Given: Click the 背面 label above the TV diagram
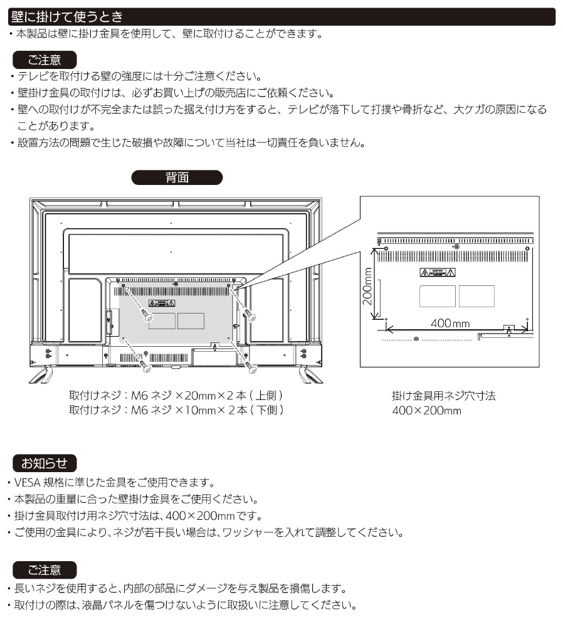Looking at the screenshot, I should pyautogui.click(x=177, y=177).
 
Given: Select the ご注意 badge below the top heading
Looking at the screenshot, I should pyautogui.click(x=45, y=60).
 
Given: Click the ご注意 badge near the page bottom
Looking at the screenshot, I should pyautogui.click(x=45, y=570).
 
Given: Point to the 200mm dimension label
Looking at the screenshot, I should pyautogui.click(x=368, y=286).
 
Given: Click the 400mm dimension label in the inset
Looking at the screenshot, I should pyautogui.click(x=450, y=324).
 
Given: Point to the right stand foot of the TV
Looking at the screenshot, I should pyautogui.click(x=307, y=374).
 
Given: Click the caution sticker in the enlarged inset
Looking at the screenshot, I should pyautogui.click(x=438, y=273).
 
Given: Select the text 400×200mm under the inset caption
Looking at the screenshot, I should pyautogui.click(x=426, y=411).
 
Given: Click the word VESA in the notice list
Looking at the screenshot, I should pyautogui.click(x=27, y=483).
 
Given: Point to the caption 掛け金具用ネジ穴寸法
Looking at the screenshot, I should pyautogui.click(x=444, y=396).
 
